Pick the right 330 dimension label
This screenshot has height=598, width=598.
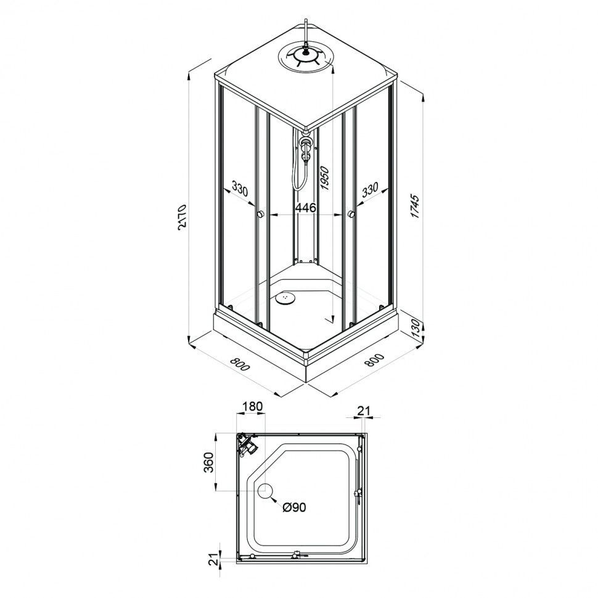pyautogui.click(x=371, y=190)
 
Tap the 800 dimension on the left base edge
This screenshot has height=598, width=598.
pyautogui.click(x=239, y=364)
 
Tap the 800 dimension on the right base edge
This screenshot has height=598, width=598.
pyautogui.click(x=374, y=361)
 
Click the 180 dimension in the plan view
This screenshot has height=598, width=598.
pyautogui.click(x=253, y=406)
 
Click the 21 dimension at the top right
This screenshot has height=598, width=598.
pyautogui.click(x=364, y=411)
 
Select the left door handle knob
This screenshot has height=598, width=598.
pyautogui.click(x=260, y=214)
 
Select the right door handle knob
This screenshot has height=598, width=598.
pyautogui.click(x=351, y=214)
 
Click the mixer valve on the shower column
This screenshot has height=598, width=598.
pyautogui.click(x=305, y=147)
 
